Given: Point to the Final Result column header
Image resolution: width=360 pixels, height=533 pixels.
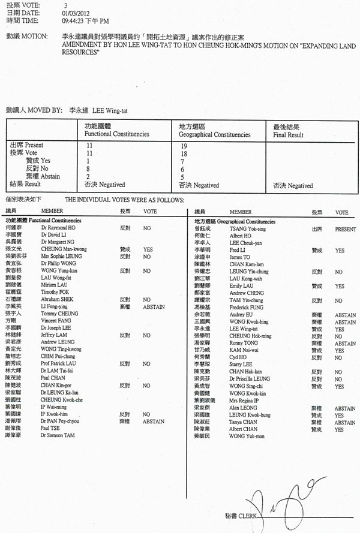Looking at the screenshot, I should (x=288, y=135).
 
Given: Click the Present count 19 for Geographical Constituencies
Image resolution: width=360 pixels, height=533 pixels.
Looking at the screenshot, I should (x=183, y=145).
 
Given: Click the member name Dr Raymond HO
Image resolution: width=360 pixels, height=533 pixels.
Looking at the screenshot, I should (x=58, y=228).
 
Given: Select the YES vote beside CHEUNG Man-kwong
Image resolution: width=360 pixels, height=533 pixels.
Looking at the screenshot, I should (x=148, y=248).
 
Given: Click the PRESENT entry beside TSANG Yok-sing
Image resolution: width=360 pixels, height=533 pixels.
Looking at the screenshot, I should (x=345, y=229).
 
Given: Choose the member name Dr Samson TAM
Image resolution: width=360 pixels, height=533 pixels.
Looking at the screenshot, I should (x=58, y=435).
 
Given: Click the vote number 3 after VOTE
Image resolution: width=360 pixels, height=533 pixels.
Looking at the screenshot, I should (x=65, y=4).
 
